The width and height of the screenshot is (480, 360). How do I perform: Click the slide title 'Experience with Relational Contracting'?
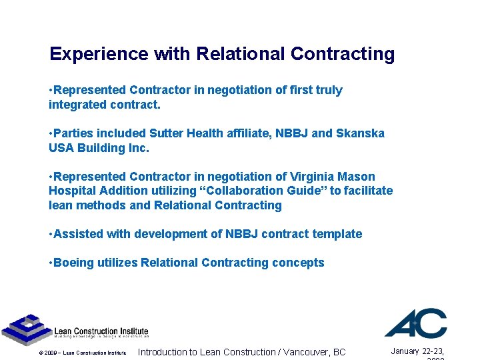(222, 54)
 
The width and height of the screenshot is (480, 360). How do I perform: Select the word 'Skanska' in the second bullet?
(360, 133)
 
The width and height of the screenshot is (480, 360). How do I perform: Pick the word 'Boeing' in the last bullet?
(73, 263)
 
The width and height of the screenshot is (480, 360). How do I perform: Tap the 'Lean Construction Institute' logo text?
(101, 331)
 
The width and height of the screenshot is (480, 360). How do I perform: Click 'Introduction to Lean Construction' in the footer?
(206, 352)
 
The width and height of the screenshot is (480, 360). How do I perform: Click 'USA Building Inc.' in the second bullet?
(99, 148)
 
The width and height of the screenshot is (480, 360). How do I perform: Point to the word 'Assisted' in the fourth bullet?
(77, 234)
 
